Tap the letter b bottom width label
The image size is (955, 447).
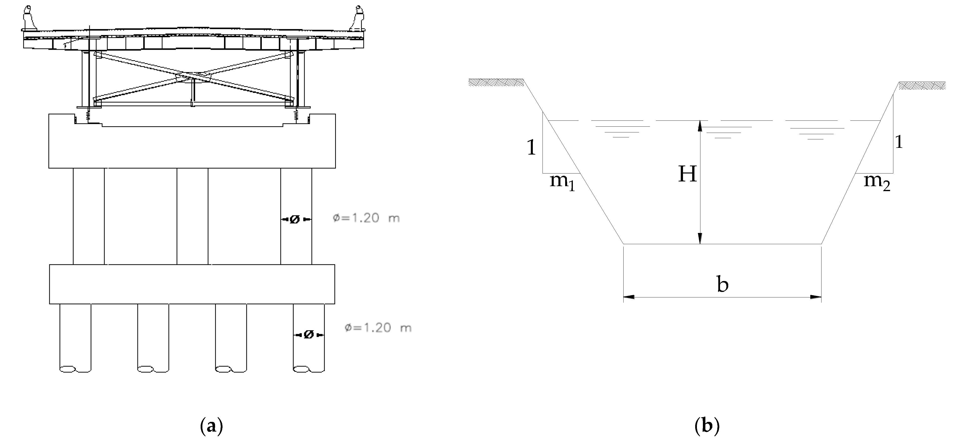pyautogui.click(x=723, y=284)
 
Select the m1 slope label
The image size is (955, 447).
pyautogui.click(x=562, y=182)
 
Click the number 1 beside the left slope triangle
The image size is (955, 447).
pyautogui.click(x=531, y=148)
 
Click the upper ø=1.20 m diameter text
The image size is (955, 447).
pyautogui.click(x=366, y=218)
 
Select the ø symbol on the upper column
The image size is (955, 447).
pyautogui.click(x=295, y=220)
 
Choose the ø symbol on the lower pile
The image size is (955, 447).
pyautogui.click(x=309, y=335)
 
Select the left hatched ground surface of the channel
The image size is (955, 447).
pyautogui.click(x=495, y=82)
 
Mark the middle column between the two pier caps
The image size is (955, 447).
pyautogui.click(x=192, y=216)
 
